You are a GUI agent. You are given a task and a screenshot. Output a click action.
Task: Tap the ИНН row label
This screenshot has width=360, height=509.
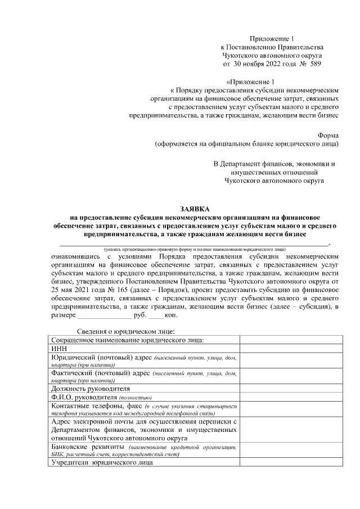pos(58,348)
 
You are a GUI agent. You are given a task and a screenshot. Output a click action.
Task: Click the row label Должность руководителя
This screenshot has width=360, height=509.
pos(90,389)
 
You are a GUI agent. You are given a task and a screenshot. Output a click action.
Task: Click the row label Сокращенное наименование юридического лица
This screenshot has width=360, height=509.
pos(127,340)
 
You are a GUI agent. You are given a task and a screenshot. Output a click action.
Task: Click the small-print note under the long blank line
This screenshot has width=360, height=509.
pos(193,248)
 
